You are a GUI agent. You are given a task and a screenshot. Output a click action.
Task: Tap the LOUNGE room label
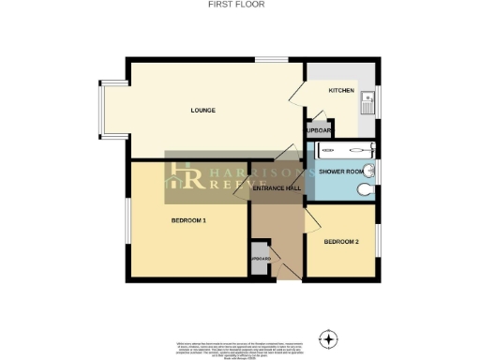(203, 111)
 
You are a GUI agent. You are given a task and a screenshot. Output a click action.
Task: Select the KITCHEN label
(341, 91)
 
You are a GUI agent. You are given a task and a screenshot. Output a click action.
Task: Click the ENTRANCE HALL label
(277, 188)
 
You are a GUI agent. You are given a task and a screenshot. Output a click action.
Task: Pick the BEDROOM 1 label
(188, 220)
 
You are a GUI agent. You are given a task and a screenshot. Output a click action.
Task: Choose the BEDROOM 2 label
(341, 242)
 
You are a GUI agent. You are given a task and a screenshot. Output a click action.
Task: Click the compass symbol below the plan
(328, 337)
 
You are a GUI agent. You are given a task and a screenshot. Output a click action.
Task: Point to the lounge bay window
(106, 112)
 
